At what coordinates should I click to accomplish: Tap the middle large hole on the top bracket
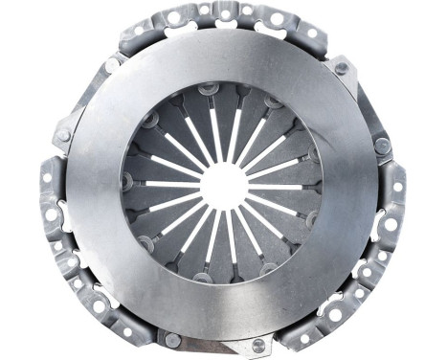pyautogui.click(x=224, y=16)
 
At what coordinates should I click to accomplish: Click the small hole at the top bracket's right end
pyautogui.click(x=311, y=33)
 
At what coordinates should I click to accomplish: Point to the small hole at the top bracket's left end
pyautogui.click(x=138, y=33)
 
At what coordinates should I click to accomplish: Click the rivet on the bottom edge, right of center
pyautogui.click(x=257, y=345)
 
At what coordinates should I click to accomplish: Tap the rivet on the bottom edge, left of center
pyautogui.click(x=173, y=339)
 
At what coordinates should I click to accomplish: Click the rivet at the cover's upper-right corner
pyautogui.click(x=342, y=68)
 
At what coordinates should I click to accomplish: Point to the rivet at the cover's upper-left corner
pyautogui.click(x=113, y=65)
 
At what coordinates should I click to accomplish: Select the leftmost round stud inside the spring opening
pyautogui.click(x=127, y=179)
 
